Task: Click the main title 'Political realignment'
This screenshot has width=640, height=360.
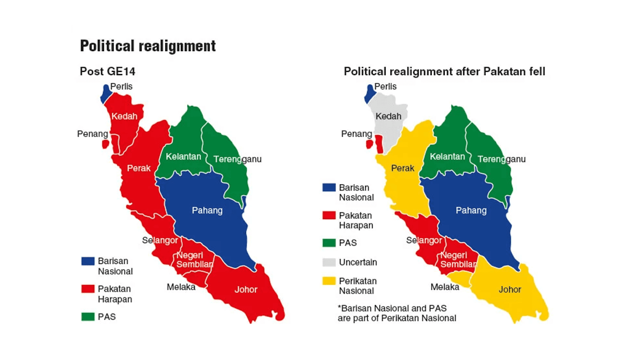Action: click(x=148, y=46)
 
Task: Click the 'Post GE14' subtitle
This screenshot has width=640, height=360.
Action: click(x=107, y=72)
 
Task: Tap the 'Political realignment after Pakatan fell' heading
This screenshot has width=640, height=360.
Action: click(x=444, y=72)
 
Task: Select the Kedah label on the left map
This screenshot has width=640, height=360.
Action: click(x=124, y=116)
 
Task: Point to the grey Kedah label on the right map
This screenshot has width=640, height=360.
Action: click(x=388, y=116)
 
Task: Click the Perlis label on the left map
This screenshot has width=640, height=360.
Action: click(x=121, y=86)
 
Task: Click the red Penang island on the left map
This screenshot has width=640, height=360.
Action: click(x=106, y=144)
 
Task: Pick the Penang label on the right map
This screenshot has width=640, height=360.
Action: click(x=356, y=134)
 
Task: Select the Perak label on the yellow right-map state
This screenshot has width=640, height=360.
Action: click(x=402, y=168)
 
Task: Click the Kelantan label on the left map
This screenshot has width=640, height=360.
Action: click(x=183, y=156)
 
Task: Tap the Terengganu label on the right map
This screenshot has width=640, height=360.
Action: click(x=501, y=159)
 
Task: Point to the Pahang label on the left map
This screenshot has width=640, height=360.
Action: click(x=207, y=210)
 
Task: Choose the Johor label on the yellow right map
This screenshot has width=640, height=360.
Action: click(x=510, y=290)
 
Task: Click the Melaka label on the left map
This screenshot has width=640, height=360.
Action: click(x=181, y=287)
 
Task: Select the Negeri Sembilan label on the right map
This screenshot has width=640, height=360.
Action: click(x=458, y=260)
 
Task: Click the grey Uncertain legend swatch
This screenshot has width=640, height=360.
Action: click(x=329, y=262)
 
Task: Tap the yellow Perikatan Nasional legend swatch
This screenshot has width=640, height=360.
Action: click(x=329, y=281)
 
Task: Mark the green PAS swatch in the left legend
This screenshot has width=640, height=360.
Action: click(x=88, y=317)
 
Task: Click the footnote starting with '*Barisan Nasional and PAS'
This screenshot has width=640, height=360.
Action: click(x=396, y=313)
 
